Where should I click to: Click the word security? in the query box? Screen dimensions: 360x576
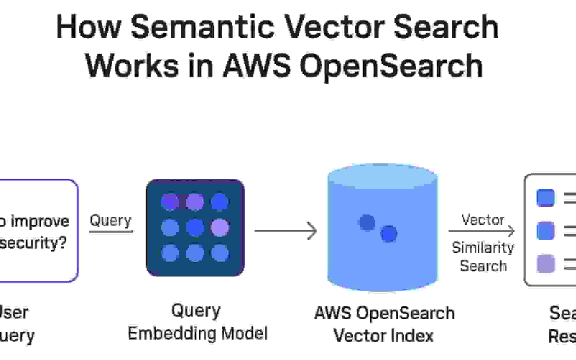tap(33, 243)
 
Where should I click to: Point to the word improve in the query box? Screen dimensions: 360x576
tap(40, 221)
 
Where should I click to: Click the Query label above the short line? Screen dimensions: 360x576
tap(110, 220)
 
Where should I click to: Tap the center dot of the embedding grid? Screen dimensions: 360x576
tap(195, 228)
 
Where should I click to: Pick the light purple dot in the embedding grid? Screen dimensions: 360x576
tap(220, 228)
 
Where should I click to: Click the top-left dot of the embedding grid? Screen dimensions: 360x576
tap(170, 202)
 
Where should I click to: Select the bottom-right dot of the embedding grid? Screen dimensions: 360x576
tap(220, 253)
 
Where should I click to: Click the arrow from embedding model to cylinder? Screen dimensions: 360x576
tap(286, 231)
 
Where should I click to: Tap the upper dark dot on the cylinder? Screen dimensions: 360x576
tap(367, 222)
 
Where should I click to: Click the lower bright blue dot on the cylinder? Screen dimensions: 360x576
tap(389, 234)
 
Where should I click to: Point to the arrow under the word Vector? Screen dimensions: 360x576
tap(482, 231)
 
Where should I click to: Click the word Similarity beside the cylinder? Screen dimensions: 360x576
tap(483, 248)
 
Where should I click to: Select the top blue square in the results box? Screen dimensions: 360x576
tap(545, 198)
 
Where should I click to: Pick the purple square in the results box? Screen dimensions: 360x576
tap(546, 264)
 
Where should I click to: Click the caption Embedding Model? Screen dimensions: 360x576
tap(198, 334)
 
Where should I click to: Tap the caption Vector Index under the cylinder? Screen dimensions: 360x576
tap(383, 336)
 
